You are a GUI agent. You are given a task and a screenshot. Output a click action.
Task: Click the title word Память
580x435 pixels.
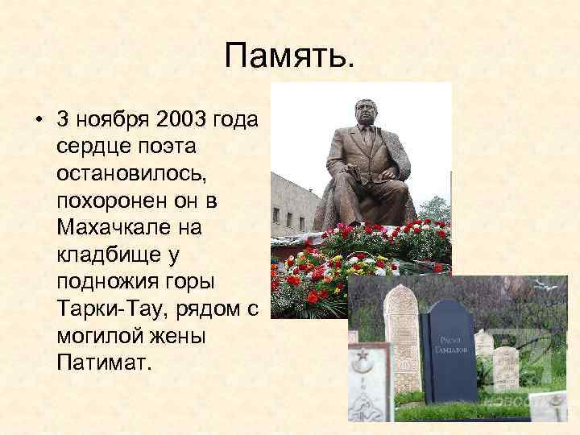(289, 56)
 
